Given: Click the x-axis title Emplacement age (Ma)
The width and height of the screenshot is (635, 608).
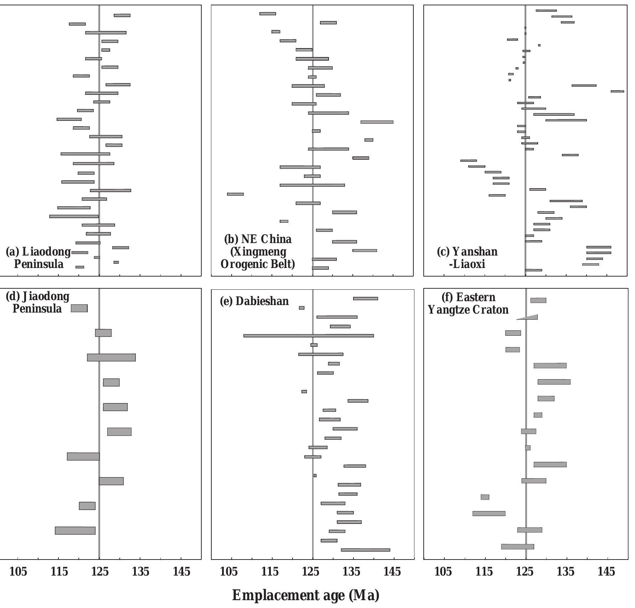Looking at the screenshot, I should point(306,596).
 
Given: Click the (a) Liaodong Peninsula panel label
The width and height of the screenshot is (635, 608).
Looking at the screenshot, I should point(38,258).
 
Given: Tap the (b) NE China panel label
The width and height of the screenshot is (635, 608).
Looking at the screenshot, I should point(258,251).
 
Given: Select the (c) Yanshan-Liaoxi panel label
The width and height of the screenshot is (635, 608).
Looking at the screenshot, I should point(467,258).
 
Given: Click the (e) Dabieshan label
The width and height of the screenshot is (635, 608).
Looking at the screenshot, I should point(254,301).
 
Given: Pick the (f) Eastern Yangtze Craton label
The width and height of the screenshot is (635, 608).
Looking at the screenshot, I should point(468,303).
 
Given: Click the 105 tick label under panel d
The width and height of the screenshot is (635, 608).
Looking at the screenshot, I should point(18,572).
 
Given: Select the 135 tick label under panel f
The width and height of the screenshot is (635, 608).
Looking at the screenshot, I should point(566,572).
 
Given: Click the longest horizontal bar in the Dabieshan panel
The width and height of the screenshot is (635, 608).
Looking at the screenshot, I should point(308,336).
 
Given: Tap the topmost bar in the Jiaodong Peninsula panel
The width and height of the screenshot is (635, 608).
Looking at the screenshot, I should point(79,308).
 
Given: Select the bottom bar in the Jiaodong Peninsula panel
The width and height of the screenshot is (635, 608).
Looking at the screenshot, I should point(75,530).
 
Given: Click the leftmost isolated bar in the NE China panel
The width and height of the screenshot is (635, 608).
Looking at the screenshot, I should point(235,194).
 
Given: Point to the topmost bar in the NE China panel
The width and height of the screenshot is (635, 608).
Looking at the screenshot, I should point(268,14).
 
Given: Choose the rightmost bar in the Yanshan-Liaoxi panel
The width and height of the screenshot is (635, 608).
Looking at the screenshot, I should point(617,91).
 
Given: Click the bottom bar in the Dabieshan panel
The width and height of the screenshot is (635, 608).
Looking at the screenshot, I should point(365,550).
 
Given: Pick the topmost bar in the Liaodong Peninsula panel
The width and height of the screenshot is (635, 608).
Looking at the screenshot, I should point(122,15).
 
